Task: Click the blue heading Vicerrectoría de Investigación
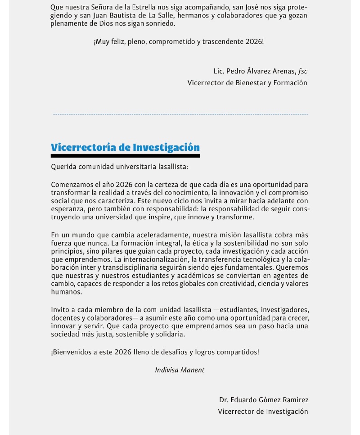coord(125,147)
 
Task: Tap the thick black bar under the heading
coord(125,156)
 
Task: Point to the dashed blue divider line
coord(180,114)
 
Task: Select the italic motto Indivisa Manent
coord(180,370)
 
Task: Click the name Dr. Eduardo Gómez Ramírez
coord(264,400)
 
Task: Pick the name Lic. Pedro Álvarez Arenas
coord(254,71)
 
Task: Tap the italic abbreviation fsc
coord(303,71)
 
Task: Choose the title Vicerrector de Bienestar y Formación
coord(247,83)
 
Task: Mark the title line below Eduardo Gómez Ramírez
coord(263,411)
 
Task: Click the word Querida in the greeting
coord(63,167)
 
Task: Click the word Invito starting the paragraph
coord(60,310)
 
